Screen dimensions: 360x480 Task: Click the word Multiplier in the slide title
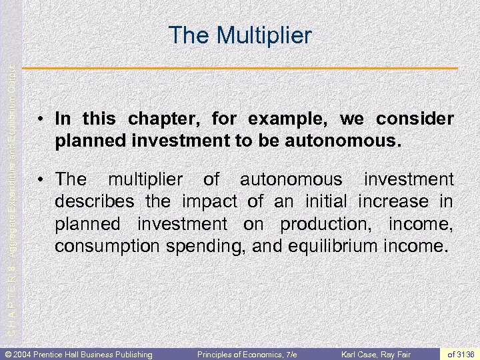pos(263,35)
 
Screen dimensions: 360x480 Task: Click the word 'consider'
pos(415,119)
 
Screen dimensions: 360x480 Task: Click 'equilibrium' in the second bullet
pos(331,247)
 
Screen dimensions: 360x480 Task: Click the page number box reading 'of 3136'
pos(462,354)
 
